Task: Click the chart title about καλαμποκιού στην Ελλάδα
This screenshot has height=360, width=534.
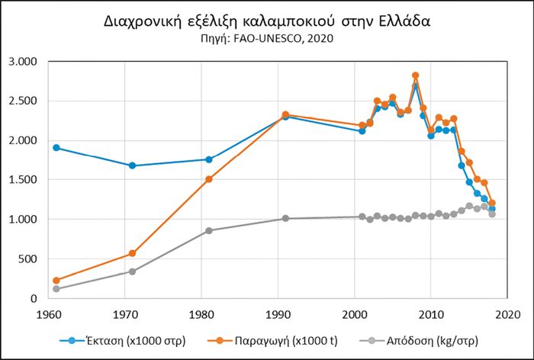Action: pyautogui.click(x=266, y=21)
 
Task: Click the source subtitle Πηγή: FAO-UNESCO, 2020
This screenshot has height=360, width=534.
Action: pyautogui.click(x=266, y=38)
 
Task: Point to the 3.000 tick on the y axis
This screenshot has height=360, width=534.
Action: pyautogui.click(x=24, y=61)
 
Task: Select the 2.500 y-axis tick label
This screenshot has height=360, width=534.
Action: pyautogui.click(x=24, y=101)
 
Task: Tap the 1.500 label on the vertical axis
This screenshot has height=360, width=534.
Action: pyautogui.click(x=24, y=180)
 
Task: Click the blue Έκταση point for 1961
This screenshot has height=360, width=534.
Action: pyautogui.click(x=56, y=147)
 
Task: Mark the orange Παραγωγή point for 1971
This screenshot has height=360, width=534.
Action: pyautogui.click(x=133, y=253)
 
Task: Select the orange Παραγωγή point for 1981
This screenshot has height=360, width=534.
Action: pyautogui.click(x=209, y=179)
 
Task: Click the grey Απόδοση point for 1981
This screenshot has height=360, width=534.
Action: pyautogui.click(x=209, y=230)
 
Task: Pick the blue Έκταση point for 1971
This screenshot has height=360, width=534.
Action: pyautogui.click(x=133, y=166)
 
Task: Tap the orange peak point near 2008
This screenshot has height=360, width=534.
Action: pyautogui.click(x=416, y=76)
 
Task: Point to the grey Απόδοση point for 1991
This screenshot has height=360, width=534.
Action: pyautogui.click(x=285, y=218)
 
